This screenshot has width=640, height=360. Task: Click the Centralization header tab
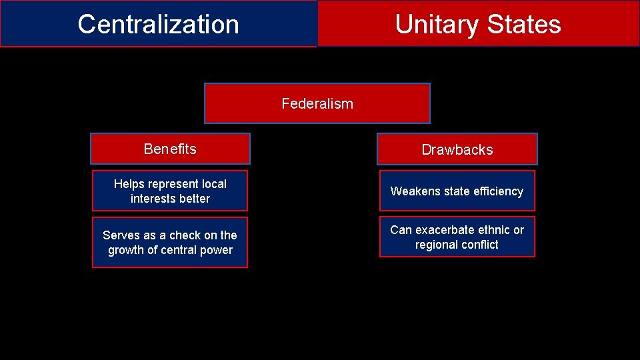(158, 24)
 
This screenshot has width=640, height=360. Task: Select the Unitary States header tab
(478, 24)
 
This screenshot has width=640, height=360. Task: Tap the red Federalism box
(317, 103)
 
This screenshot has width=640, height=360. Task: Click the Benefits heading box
(170, 149)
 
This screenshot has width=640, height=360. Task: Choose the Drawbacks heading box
(457, 149)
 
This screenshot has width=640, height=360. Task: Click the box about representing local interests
(170, 191)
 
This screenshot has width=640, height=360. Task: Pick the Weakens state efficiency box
(457, 191)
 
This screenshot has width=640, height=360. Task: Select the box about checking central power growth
(170, 243)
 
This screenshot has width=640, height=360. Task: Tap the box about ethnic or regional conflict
(457, 237)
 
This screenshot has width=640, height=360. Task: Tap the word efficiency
(497, 191)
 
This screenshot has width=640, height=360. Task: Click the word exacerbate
(448, 230)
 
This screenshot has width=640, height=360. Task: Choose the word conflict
(477, 245)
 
